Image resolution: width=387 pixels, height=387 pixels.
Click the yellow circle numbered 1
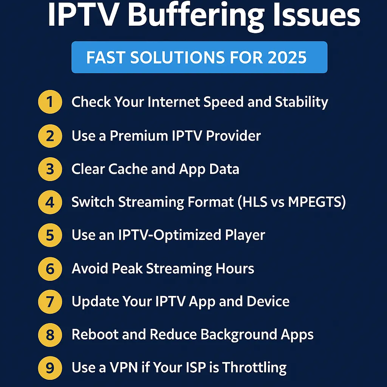click(50, 102)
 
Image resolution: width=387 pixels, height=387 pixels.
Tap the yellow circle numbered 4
click(50, 202)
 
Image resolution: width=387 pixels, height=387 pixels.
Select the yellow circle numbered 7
click(50, 302)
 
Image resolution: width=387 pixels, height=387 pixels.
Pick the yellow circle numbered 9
click(50, 368)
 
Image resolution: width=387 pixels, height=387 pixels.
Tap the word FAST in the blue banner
click(105, 57)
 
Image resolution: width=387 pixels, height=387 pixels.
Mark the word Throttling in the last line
click(254, 368)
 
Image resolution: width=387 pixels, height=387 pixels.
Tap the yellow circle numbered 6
click(50, 269)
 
